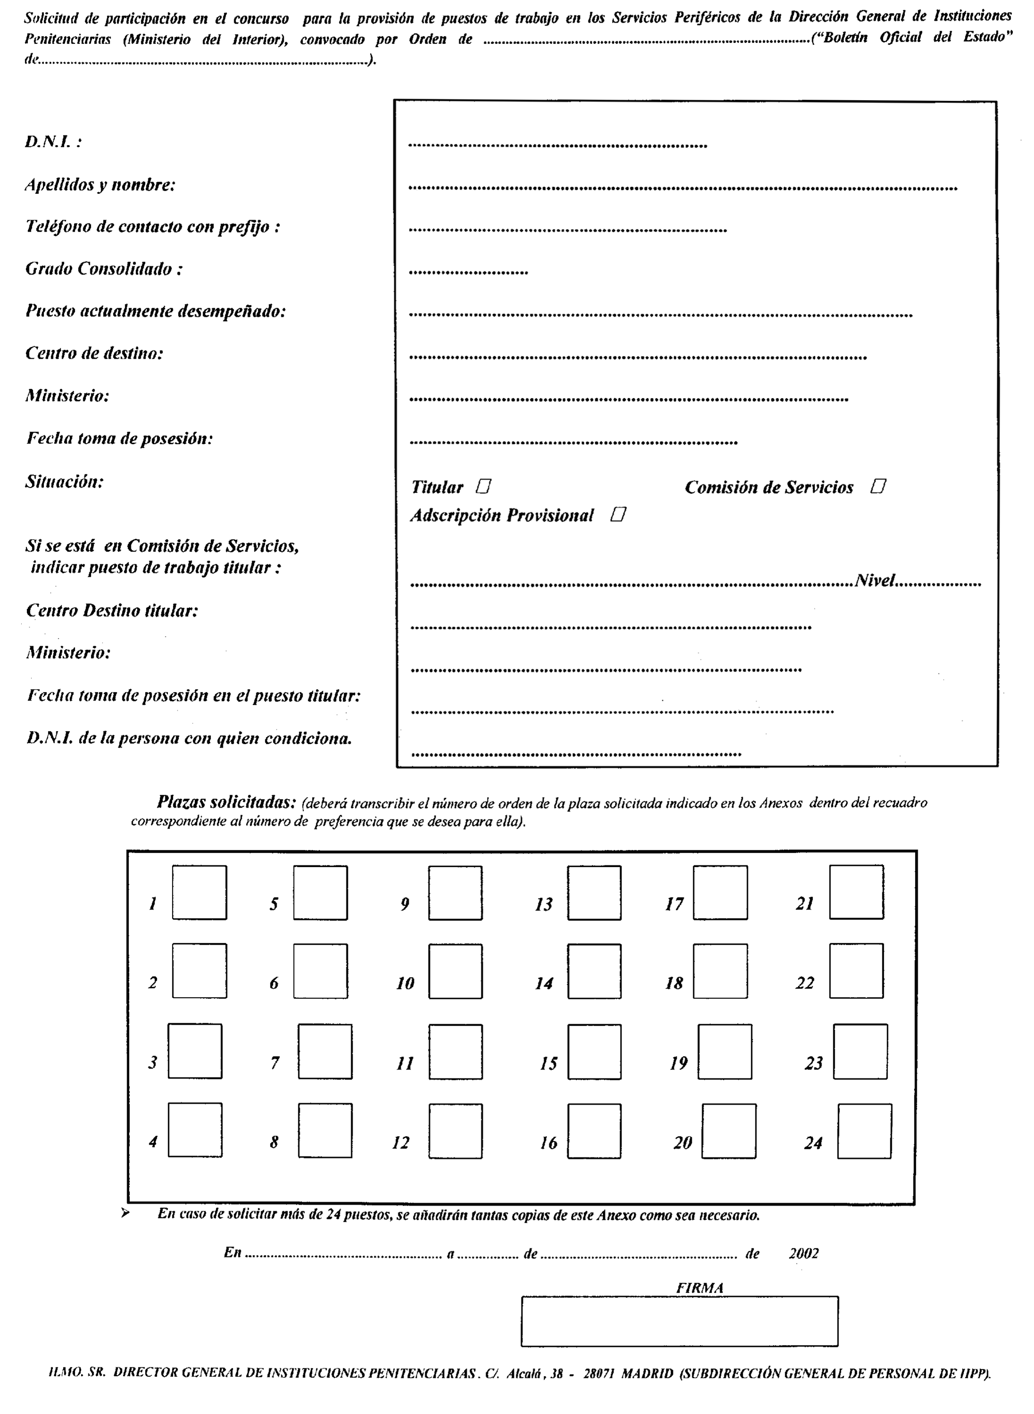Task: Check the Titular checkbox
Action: (483, 486)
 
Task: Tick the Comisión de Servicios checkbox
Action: (878, 486)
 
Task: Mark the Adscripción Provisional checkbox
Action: (618, 514)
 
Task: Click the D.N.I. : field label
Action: (53, 142)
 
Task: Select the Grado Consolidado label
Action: (104, 269)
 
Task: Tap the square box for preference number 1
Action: (199, 892)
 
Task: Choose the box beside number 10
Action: (455, 971)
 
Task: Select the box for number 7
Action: (325, 1052)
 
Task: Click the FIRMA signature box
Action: (679, 1321)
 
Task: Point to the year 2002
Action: (803, 1253)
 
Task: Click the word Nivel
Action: (875, 580)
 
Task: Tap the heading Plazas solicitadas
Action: (226, 802)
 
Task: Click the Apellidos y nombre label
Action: (100, 185)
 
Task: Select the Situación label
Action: (65, 482)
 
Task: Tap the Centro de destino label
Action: (94, 354)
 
